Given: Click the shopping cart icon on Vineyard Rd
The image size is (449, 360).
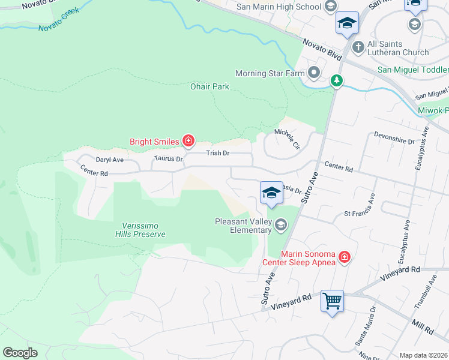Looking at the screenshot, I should (332, 300).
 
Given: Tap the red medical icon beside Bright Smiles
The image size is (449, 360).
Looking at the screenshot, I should (188, 142).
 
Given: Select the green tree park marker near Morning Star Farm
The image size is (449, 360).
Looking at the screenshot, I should (337, 80).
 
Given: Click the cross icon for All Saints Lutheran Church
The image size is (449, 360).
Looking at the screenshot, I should (358, 46).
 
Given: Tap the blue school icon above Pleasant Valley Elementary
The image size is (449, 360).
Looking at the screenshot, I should (271, 193).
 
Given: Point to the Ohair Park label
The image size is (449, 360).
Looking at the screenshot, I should (210, 87).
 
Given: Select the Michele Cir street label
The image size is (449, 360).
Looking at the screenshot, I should (286, 138).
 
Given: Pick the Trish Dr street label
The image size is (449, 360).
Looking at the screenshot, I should (218, 154).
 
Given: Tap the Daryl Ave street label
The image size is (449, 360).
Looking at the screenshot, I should (109, 160).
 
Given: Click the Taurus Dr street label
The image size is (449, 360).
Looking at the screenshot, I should (168, 159).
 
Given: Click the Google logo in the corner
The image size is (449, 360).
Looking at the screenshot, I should (20, 352).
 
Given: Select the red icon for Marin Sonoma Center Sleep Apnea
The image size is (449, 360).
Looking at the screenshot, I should (345, 257).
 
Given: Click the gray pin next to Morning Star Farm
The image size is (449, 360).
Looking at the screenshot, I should (314, 74).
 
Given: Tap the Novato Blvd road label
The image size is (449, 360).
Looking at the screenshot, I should (322, 48).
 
